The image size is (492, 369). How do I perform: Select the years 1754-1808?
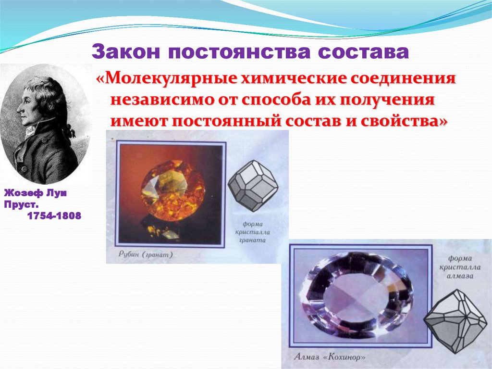54,216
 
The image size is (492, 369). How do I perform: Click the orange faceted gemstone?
172,190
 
